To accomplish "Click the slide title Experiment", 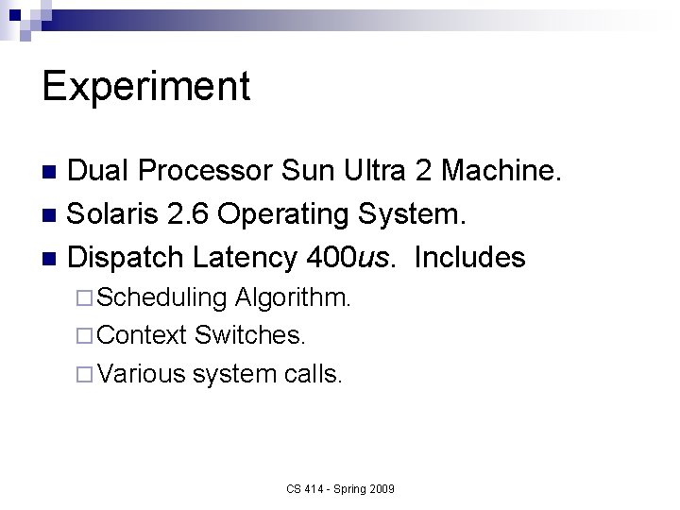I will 146,87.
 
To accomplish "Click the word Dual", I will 101,172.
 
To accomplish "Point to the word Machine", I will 504,172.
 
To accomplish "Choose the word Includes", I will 469,257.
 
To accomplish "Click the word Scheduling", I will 161,298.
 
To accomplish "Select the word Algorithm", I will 293,298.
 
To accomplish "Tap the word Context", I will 143,335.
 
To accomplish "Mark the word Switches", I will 250,335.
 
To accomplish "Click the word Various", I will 142,373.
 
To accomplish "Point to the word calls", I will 314,373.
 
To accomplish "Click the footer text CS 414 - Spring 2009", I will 340,488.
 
